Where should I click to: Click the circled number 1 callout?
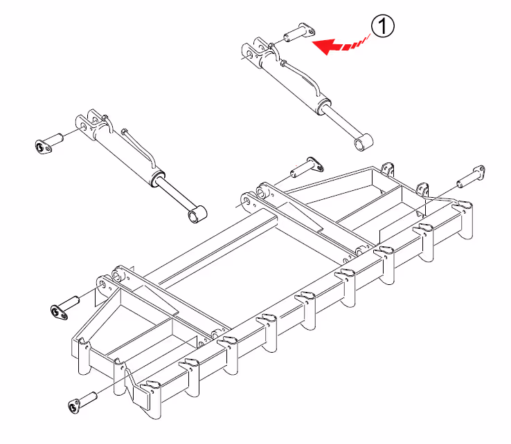pos(383,26)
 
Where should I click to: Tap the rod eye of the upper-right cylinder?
pos(364,142)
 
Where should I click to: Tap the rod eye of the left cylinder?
pos(197,214)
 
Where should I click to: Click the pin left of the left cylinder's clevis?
pos(48,143)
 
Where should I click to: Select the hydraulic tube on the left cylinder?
pos(139,148)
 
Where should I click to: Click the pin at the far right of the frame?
pos(471,177)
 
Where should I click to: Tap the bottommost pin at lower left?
pos(82,403)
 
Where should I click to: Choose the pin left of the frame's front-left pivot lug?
pos(65,308)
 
